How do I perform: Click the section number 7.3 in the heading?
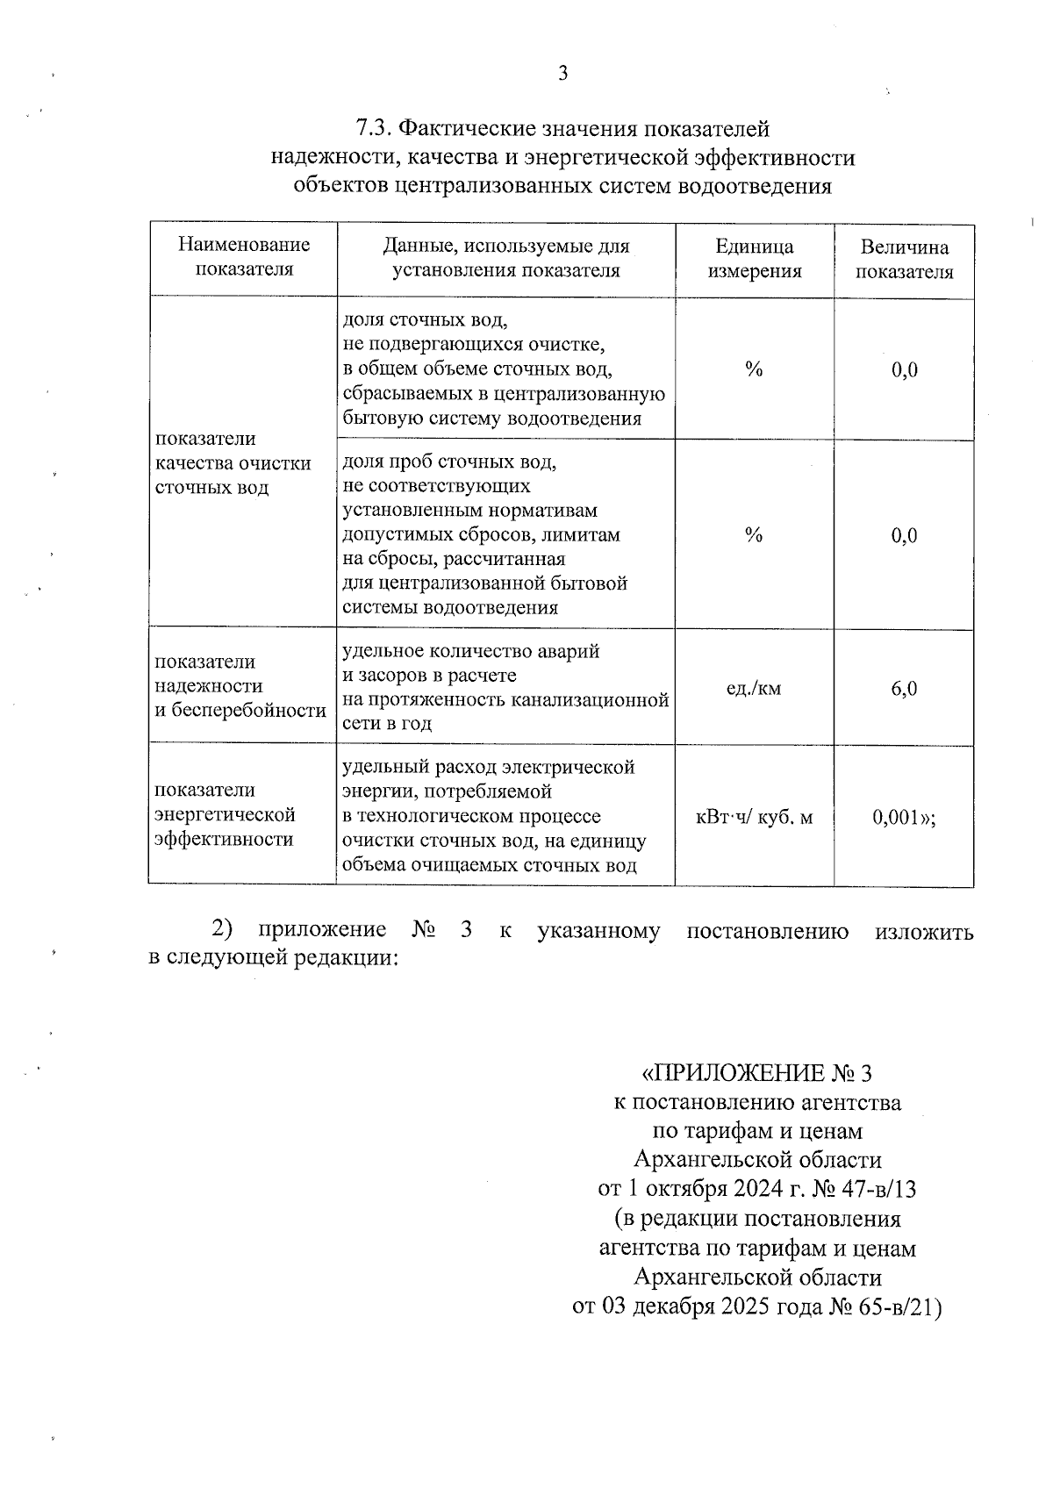373,129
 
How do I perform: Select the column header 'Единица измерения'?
754,259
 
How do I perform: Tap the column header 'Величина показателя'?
904,260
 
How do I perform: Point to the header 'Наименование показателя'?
244,257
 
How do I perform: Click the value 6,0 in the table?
904,689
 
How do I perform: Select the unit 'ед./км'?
753,689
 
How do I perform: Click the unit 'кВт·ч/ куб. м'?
754,818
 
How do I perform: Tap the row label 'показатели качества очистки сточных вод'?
233,463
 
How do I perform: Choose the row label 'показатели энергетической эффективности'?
225,815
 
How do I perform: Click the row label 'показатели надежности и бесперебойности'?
240,686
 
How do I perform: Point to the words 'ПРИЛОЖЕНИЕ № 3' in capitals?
758,1073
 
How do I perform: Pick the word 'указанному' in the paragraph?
598,931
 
